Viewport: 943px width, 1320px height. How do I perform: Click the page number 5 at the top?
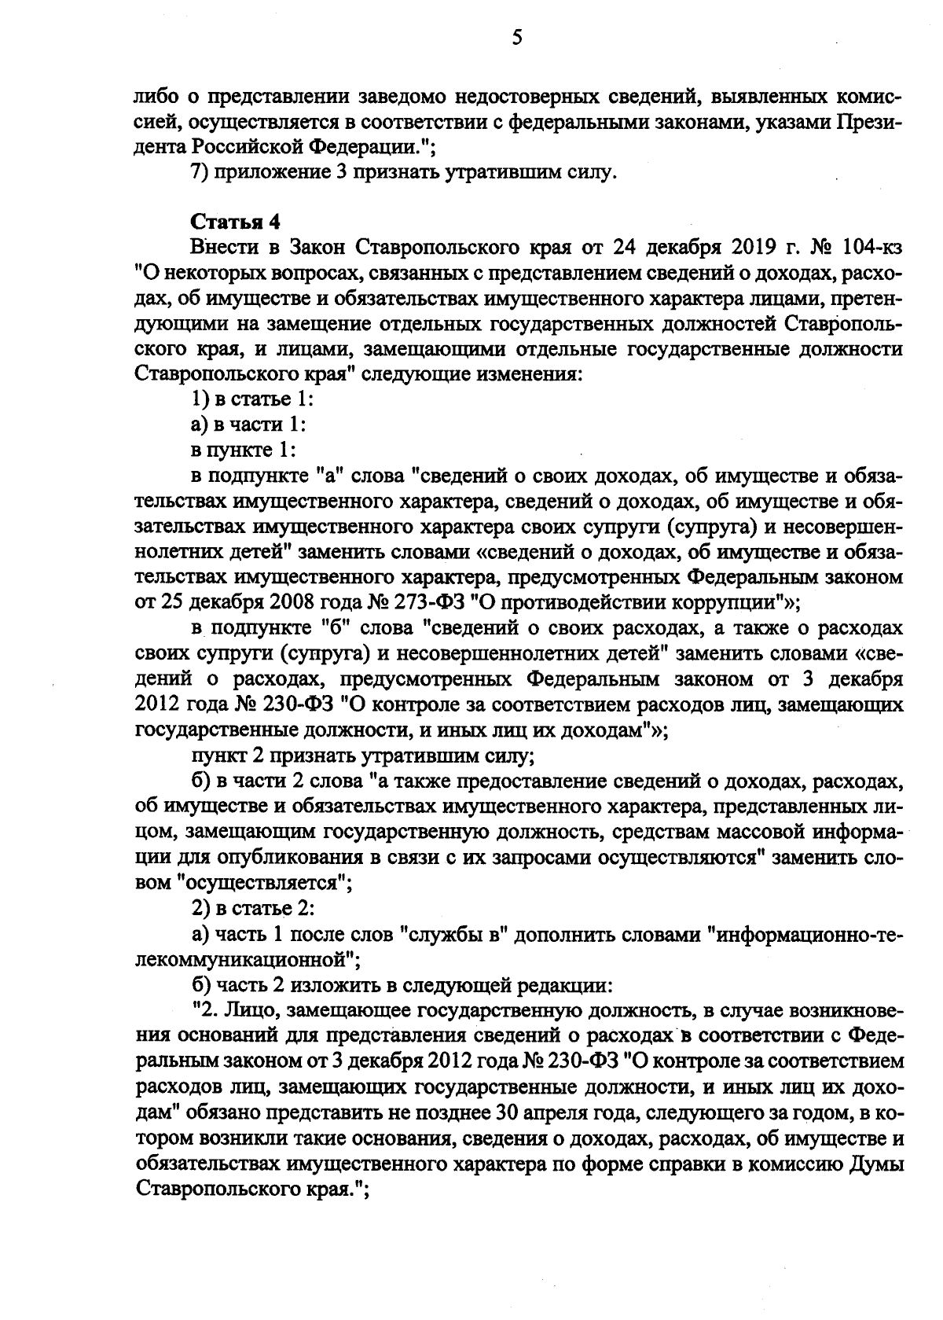pyautogui.click(x=516, y=37)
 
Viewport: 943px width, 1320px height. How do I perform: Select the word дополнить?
pyautogui.click(x=564, y=934)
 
